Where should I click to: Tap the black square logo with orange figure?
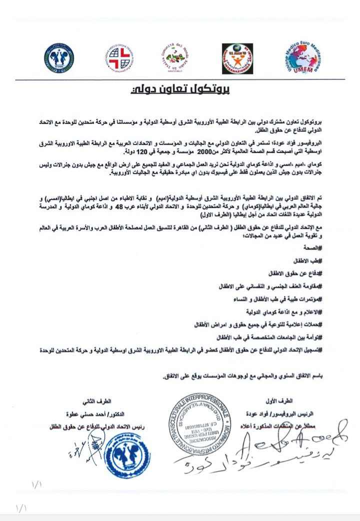[x=237, y=58]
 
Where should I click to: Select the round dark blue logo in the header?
[x=58, y=58]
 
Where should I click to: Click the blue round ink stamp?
[x=129, y=455]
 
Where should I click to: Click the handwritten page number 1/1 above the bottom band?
[x=38, y=485]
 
